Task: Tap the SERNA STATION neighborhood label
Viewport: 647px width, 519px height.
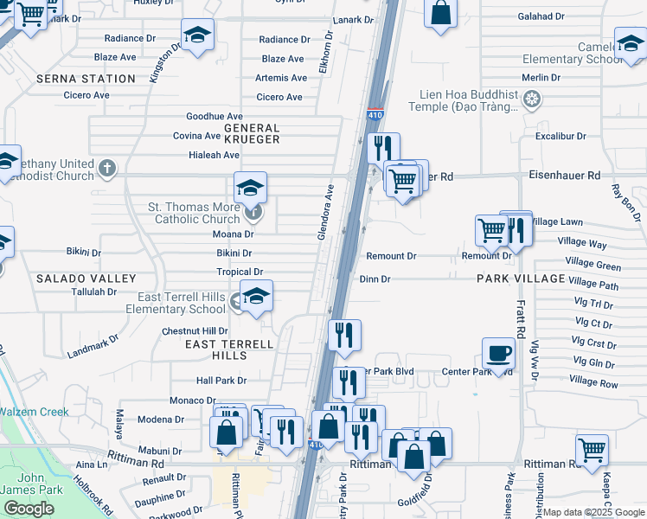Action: pos(86,79)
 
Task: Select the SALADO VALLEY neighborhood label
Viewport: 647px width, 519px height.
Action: pos(86,279)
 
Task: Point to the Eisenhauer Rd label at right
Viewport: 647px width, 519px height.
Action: pos(564,176)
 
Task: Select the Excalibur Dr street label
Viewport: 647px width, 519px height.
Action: pos(561,137)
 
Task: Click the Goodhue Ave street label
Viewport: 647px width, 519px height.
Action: pos(215,117)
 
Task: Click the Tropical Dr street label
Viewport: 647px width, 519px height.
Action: pos(240,272)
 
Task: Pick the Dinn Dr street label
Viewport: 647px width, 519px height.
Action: pos(375,279)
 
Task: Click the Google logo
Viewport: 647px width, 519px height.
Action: pos(29,509)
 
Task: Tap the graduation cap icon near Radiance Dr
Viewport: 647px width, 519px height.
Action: pos(197,35)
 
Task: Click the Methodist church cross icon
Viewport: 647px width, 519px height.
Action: pos(106,167)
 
